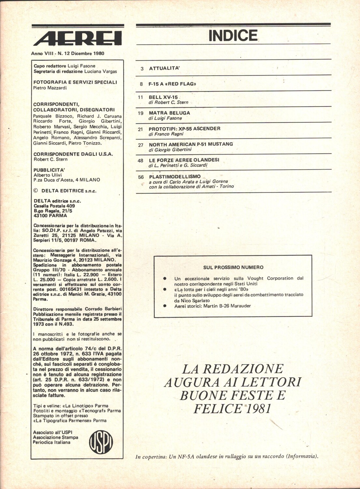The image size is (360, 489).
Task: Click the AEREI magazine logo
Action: pyautogui.click(x=78, y=38)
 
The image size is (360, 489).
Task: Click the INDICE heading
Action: pyautogui.click(x=233, y=36)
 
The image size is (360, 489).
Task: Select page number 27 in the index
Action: pyautogui.click(x=140, y=145)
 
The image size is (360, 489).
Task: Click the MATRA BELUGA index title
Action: pyautogui.click(x=169, y=113)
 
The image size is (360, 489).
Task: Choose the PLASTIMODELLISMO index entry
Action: pyautogui.click(x=175, y=176)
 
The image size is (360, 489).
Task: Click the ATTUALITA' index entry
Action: pyautogui.click(x=165, y=68)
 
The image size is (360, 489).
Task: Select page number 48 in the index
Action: pyautogui.click(x=140, y=160)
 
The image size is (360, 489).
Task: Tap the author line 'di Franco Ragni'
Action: pyautogui.click(x=166, y=134)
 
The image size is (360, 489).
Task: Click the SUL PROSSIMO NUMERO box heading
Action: pyautogui.click(x=233, y=267)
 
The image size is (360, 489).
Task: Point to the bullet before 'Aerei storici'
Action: pyautogui.click(x=165, y=306)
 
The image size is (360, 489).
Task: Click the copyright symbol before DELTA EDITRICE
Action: pyautogui.click(x=36, y=191)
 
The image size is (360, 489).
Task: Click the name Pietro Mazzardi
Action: pyautogui.click(x=50, y=88)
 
